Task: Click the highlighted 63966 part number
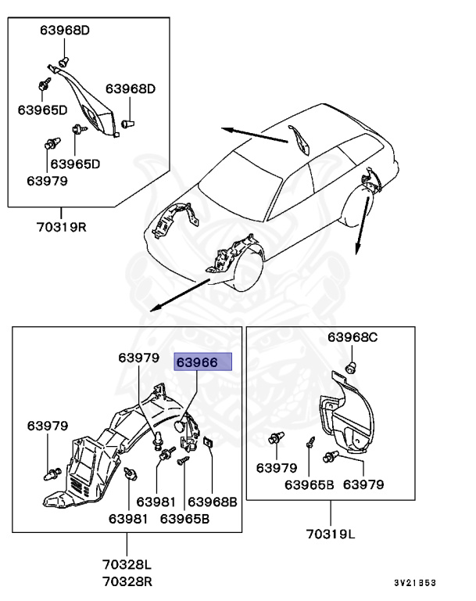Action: pos(203,362)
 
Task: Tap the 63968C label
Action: pos(352,337)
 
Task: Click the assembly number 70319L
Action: pos(330,536)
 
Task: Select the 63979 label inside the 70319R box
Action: pos(47,180)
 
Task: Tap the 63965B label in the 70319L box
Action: pos(309,484)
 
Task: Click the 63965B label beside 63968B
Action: pos(184,518)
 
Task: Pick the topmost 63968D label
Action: pos(65,31)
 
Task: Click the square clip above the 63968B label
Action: pos(209,444)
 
